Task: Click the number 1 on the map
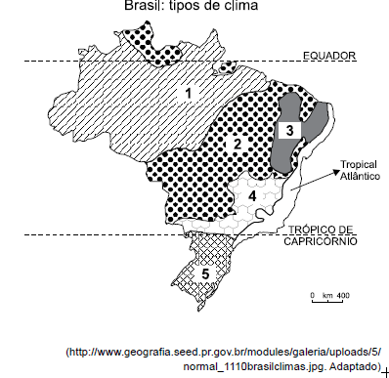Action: click(193, 93)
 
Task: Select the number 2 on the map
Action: click(236, 146)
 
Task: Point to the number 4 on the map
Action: click(252, 196)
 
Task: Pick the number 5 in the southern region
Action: click(206, 274)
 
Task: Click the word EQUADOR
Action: click(328, 56)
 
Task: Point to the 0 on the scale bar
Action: click(312, 294)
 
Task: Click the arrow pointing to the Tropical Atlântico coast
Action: click(313, 183)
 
